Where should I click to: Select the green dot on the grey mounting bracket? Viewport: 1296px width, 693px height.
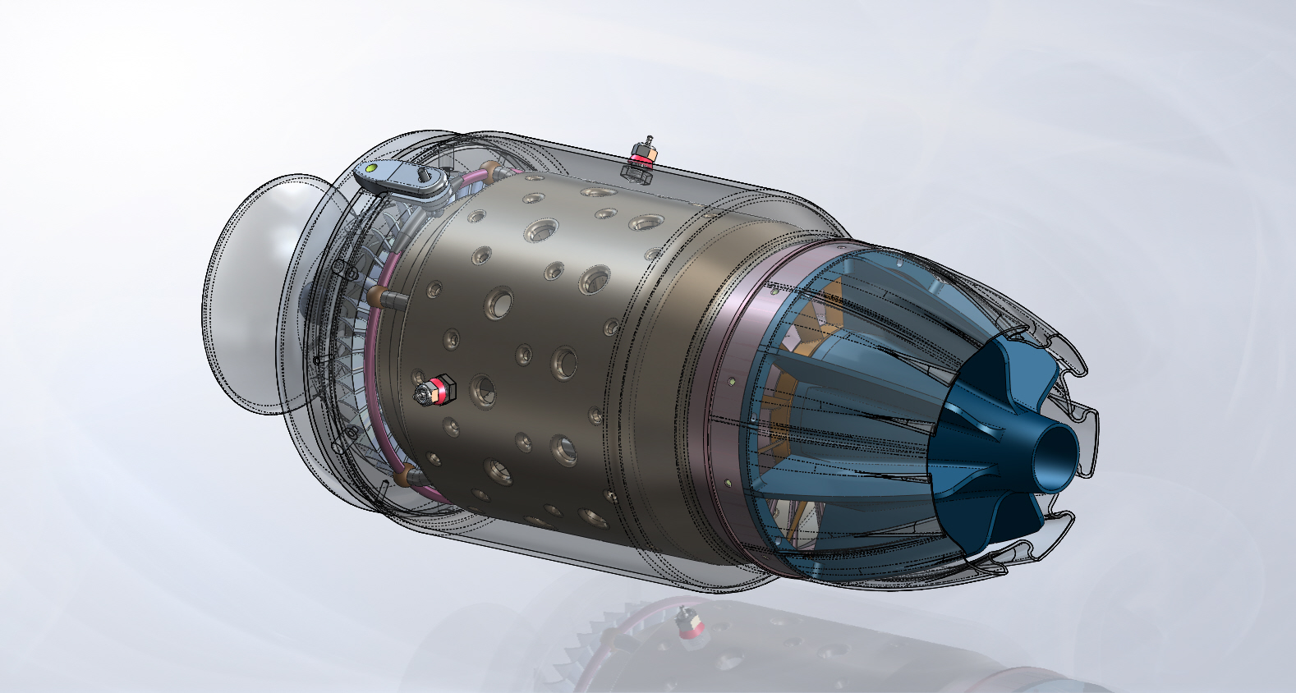(371, 169)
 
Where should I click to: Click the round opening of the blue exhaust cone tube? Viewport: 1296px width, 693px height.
(1059, 447)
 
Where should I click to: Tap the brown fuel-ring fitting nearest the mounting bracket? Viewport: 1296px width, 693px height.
(491, 171)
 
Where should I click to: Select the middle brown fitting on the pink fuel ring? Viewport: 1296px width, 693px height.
(376, 296)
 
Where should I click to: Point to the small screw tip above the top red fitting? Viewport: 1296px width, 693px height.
(648, 139)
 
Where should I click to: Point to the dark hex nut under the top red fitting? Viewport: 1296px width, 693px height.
(638, 172)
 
